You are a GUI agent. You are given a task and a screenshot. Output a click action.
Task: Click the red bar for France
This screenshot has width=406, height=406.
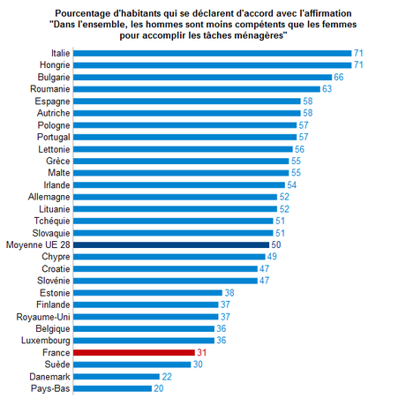pyautogui.click(x=133, y=351)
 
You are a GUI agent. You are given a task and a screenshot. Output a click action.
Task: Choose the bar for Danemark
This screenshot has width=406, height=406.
pyautogui.click(x=116, y=375)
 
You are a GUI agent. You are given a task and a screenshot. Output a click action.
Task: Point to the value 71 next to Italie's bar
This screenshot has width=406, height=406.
pyautogui.click(x=359, y=54)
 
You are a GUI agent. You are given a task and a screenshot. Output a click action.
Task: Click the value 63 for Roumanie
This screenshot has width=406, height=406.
pyautogui.click(x=327, y=89)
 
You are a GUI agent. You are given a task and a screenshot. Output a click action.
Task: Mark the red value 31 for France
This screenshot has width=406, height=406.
pyautogui.click(x=201, y=351)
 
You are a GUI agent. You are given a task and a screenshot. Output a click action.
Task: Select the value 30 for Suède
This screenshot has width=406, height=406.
pyautogui.click(x=199, y=364)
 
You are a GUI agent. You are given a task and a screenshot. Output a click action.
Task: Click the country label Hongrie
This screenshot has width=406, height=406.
pyautogui.click(x=52, y=65)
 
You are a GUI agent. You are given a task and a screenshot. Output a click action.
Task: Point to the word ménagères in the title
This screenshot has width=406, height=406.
pyautogui.click(x=264, y=36)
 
